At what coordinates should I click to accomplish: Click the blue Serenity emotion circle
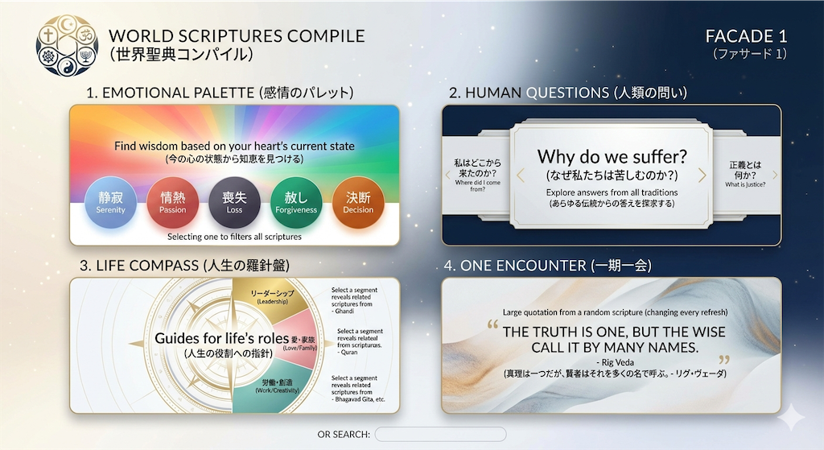110,203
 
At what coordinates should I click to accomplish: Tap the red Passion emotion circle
172,203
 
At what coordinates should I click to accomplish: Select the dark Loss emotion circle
234,203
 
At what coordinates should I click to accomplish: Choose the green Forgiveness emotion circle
296,203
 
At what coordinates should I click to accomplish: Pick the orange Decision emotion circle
358,203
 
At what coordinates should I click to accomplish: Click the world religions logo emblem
67,45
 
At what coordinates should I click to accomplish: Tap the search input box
440,434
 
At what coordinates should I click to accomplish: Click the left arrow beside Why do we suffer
521,175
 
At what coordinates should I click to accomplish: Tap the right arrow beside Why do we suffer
702,175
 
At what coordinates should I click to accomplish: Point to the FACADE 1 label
746,36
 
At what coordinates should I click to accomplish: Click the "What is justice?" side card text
745,184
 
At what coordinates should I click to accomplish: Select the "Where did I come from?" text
478,186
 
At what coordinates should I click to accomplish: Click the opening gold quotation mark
492,324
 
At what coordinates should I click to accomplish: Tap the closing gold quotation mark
725,360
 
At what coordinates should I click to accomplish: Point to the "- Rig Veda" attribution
615,362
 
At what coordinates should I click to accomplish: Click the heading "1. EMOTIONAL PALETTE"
171,93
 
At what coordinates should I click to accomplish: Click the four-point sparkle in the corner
792,419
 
